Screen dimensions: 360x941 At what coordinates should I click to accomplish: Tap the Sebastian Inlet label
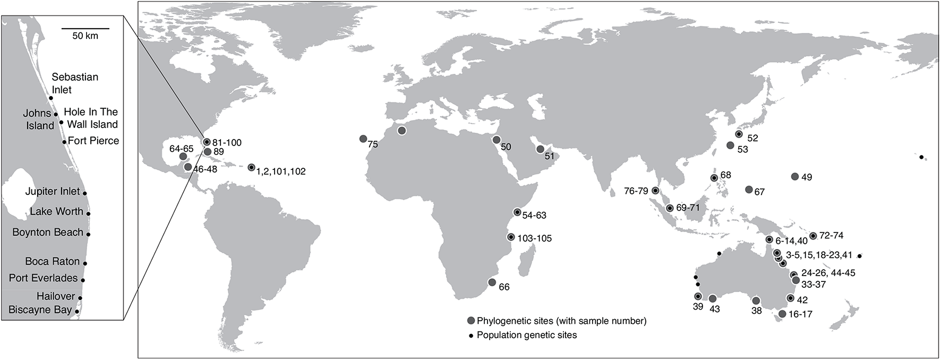(x=75, y=83)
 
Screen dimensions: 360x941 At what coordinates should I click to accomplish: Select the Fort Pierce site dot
(x=64, y=142)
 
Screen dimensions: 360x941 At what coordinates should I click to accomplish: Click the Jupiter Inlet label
(x=53, y=191)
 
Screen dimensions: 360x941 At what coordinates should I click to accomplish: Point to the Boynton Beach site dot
(x=89, y=234)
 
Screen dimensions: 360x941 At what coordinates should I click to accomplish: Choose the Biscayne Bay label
(x=40, y=310)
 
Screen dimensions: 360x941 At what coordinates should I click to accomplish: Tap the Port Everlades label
(x=44, y=278)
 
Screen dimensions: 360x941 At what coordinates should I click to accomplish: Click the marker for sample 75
(x=363, y=139)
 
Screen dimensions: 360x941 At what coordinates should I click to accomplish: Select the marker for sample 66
(x=492, y=282)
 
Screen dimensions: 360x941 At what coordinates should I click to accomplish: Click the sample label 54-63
(x=534, y=216)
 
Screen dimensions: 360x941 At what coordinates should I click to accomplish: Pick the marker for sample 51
(x=540, y=149)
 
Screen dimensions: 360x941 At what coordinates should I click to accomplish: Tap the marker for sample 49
(x=795, y=176)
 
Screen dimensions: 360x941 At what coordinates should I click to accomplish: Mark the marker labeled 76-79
(x=655, y=191)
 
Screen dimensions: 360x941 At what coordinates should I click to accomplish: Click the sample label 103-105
(x=535, y=238)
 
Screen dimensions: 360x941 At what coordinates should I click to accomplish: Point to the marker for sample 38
(x=756, y=301)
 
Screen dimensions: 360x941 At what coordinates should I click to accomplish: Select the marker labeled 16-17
(x=782, y=314)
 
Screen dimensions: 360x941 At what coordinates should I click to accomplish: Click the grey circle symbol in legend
(x=471, y=321)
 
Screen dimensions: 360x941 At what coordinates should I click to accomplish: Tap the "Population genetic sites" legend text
(x=527, y=335)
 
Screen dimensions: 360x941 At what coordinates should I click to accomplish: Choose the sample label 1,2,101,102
(x=281, y=172)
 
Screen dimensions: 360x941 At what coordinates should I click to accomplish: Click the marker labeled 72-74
(x=813, y=236)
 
